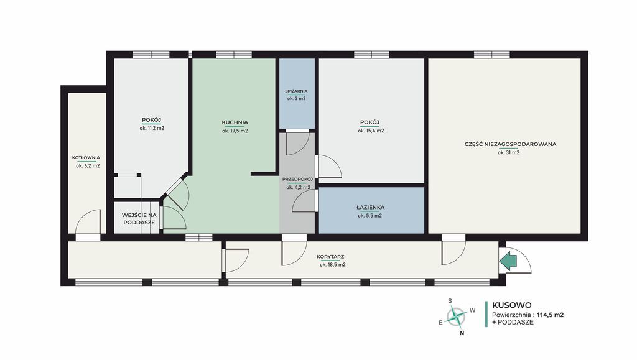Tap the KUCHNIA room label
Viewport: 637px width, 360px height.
click(235, 122)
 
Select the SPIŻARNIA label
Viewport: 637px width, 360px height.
click(296, 91)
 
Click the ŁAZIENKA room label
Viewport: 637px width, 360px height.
click(371, 208)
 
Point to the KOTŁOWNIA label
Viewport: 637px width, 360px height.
click(86, 157)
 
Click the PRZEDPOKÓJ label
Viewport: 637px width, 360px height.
click(298, 179)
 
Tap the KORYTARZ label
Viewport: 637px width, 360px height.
click(330, 257)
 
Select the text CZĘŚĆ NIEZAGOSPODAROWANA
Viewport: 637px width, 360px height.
click(510, 144)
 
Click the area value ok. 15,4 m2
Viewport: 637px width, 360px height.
click(371, 131)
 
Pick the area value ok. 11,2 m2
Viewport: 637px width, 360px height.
click(152, 128)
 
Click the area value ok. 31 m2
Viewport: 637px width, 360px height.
click(508, 152)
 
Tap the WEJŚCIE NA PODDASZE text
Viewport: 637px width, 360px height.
click(139, 219)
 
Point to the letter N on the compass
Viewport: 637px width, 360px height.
click(462, 333)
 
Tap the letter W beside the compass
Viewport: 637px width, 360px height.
click(473, 310)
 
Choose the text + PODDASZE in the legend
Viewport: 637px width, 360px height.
click(513, 322)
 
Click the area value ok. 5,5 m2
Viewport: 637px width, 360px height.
click(370, 216)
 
